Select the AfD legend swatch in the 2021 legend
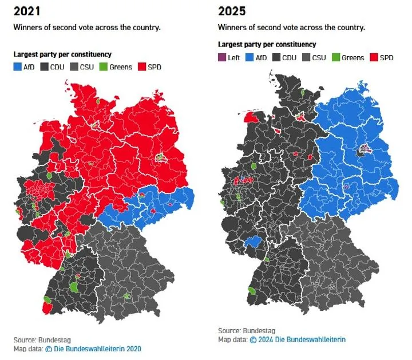tap(18, 67)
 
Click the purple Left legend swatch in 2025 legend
tap(222, 57)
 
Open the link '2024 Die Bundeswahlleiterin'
tap(297, 339)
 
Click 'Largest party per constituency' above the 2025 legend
tap(267, 44)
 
